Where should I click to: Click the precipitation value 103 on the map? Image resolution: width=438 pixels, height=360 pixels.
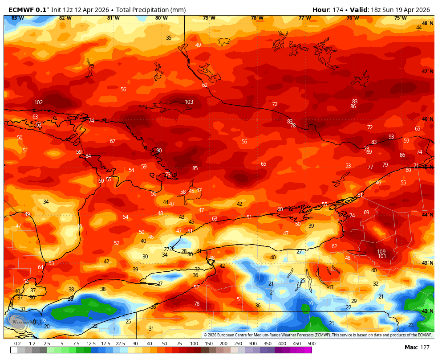(189, 102)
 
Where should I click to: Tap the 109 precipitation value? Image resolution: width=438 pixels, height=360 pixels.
(381, 252)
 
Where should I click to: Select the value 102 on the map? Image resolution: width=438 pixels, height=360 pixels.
(39, 102)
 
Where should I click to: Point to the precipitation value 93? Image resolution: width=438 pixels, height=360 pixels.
(391, 137)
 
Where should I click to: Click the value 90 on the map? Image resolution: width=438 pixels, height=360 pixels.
(159, 151)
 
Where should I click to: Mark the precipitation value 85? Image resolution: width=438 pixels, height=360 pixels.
(195, 168)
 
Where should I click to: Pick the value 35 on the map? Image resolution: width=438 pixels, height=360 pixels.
(169, 38)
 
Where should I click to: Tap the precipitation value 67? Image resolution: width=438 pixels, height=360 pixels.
(113, 141)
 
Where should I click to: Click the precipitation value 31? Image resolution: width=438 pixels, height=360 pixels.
(151, 329)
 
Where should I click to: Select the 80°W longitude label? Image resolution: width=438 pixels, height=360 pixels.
(161, 18)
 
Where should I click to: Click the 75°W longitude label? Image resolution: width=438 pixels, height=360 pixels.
(400, 18)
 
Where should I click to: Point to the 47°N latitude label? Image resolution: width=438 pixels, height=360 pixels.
(427, 71)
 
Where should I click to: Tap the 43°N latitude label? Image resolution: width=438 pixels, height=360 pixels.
(427, 263)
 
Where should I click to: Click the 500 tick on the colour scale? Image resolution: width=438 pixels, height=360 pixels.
(311, 344)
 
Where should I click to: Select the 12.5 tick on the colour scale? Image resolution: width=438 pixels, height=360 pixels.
(91, 344)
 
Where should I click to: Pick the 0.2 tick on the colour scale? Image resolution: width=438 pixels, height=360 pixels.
(17, 344)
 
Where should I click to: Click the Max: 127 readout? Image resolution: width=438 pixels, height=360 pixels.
(417, 348)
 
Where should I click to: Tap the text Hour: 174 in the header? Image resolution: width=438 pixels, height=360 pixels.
(327, 10)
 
